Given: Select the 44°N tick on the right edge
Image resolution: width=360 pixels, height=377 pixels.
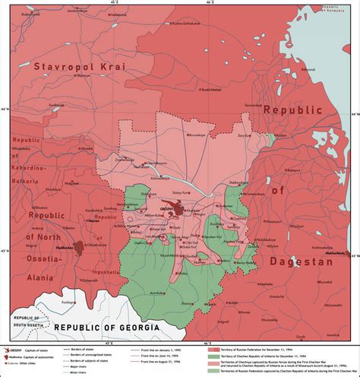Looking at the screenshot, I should pyautogui.click(x=354, y=115).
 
